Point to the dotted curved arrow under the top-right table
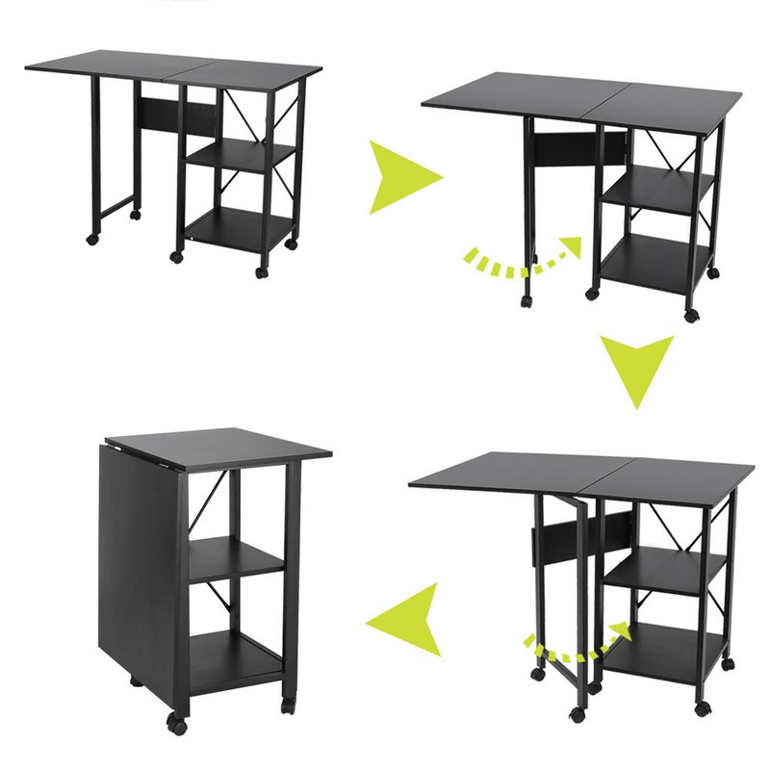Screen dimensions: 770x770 click(525, 257)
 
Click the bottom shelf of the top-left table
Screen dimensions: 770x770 click(236, 227)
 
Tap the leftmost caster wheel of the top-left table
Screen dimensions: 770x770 click(92, 238)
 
